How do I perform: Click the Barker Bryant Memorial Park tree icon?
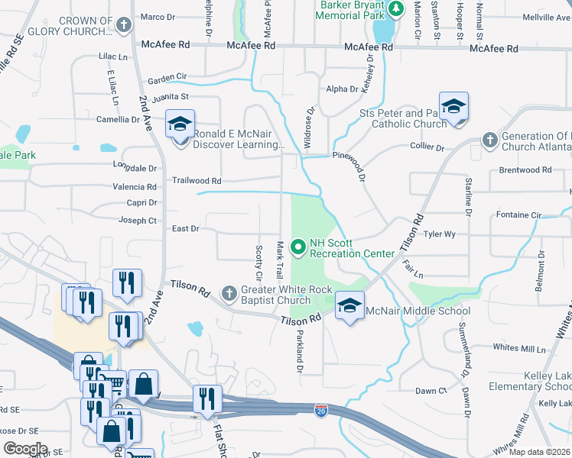tap(396, 8)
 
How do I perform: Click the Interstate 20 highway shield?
tap(321, 411)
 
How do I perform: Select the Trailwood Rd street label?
tap(196, 181)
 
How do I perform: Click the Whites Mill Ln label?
tap(519, 347)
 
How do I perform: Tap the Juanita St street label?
tap(170, 97)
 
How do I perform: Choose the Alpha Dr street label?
tap(342, 89)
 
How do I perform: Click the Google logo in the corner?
tap(25, 449)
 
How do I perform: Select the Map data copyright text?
tap(540, 452)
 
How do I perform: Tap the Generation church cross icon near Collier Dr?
tap(489, 140)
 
